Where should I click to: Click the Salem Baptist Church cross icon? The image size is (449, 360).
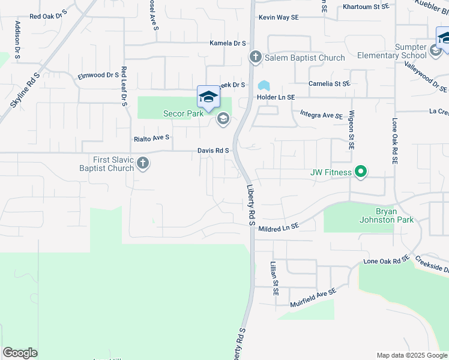255,58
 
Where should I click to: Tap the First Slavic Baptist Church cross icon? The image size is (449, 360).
143,163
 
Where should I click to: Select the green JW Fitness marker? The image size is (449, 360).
360,173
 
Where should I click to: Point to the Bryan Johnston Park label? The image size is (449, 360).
395,216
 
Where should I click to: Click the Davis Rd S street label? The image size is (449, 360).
214,151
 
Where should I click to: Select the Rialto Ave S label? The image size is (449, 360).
151,137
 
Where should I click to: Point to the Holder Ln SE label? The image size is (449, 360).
276,97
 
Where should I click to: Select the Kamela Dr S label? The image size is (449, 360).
228,43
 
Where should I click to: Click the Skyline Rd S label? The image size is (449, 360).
25,91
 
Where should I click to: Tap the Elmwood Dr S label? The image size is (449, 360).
98,75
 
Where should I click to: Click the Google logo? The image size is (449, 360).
20,353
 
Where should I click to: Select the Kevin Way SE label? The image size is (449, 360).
279,17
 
